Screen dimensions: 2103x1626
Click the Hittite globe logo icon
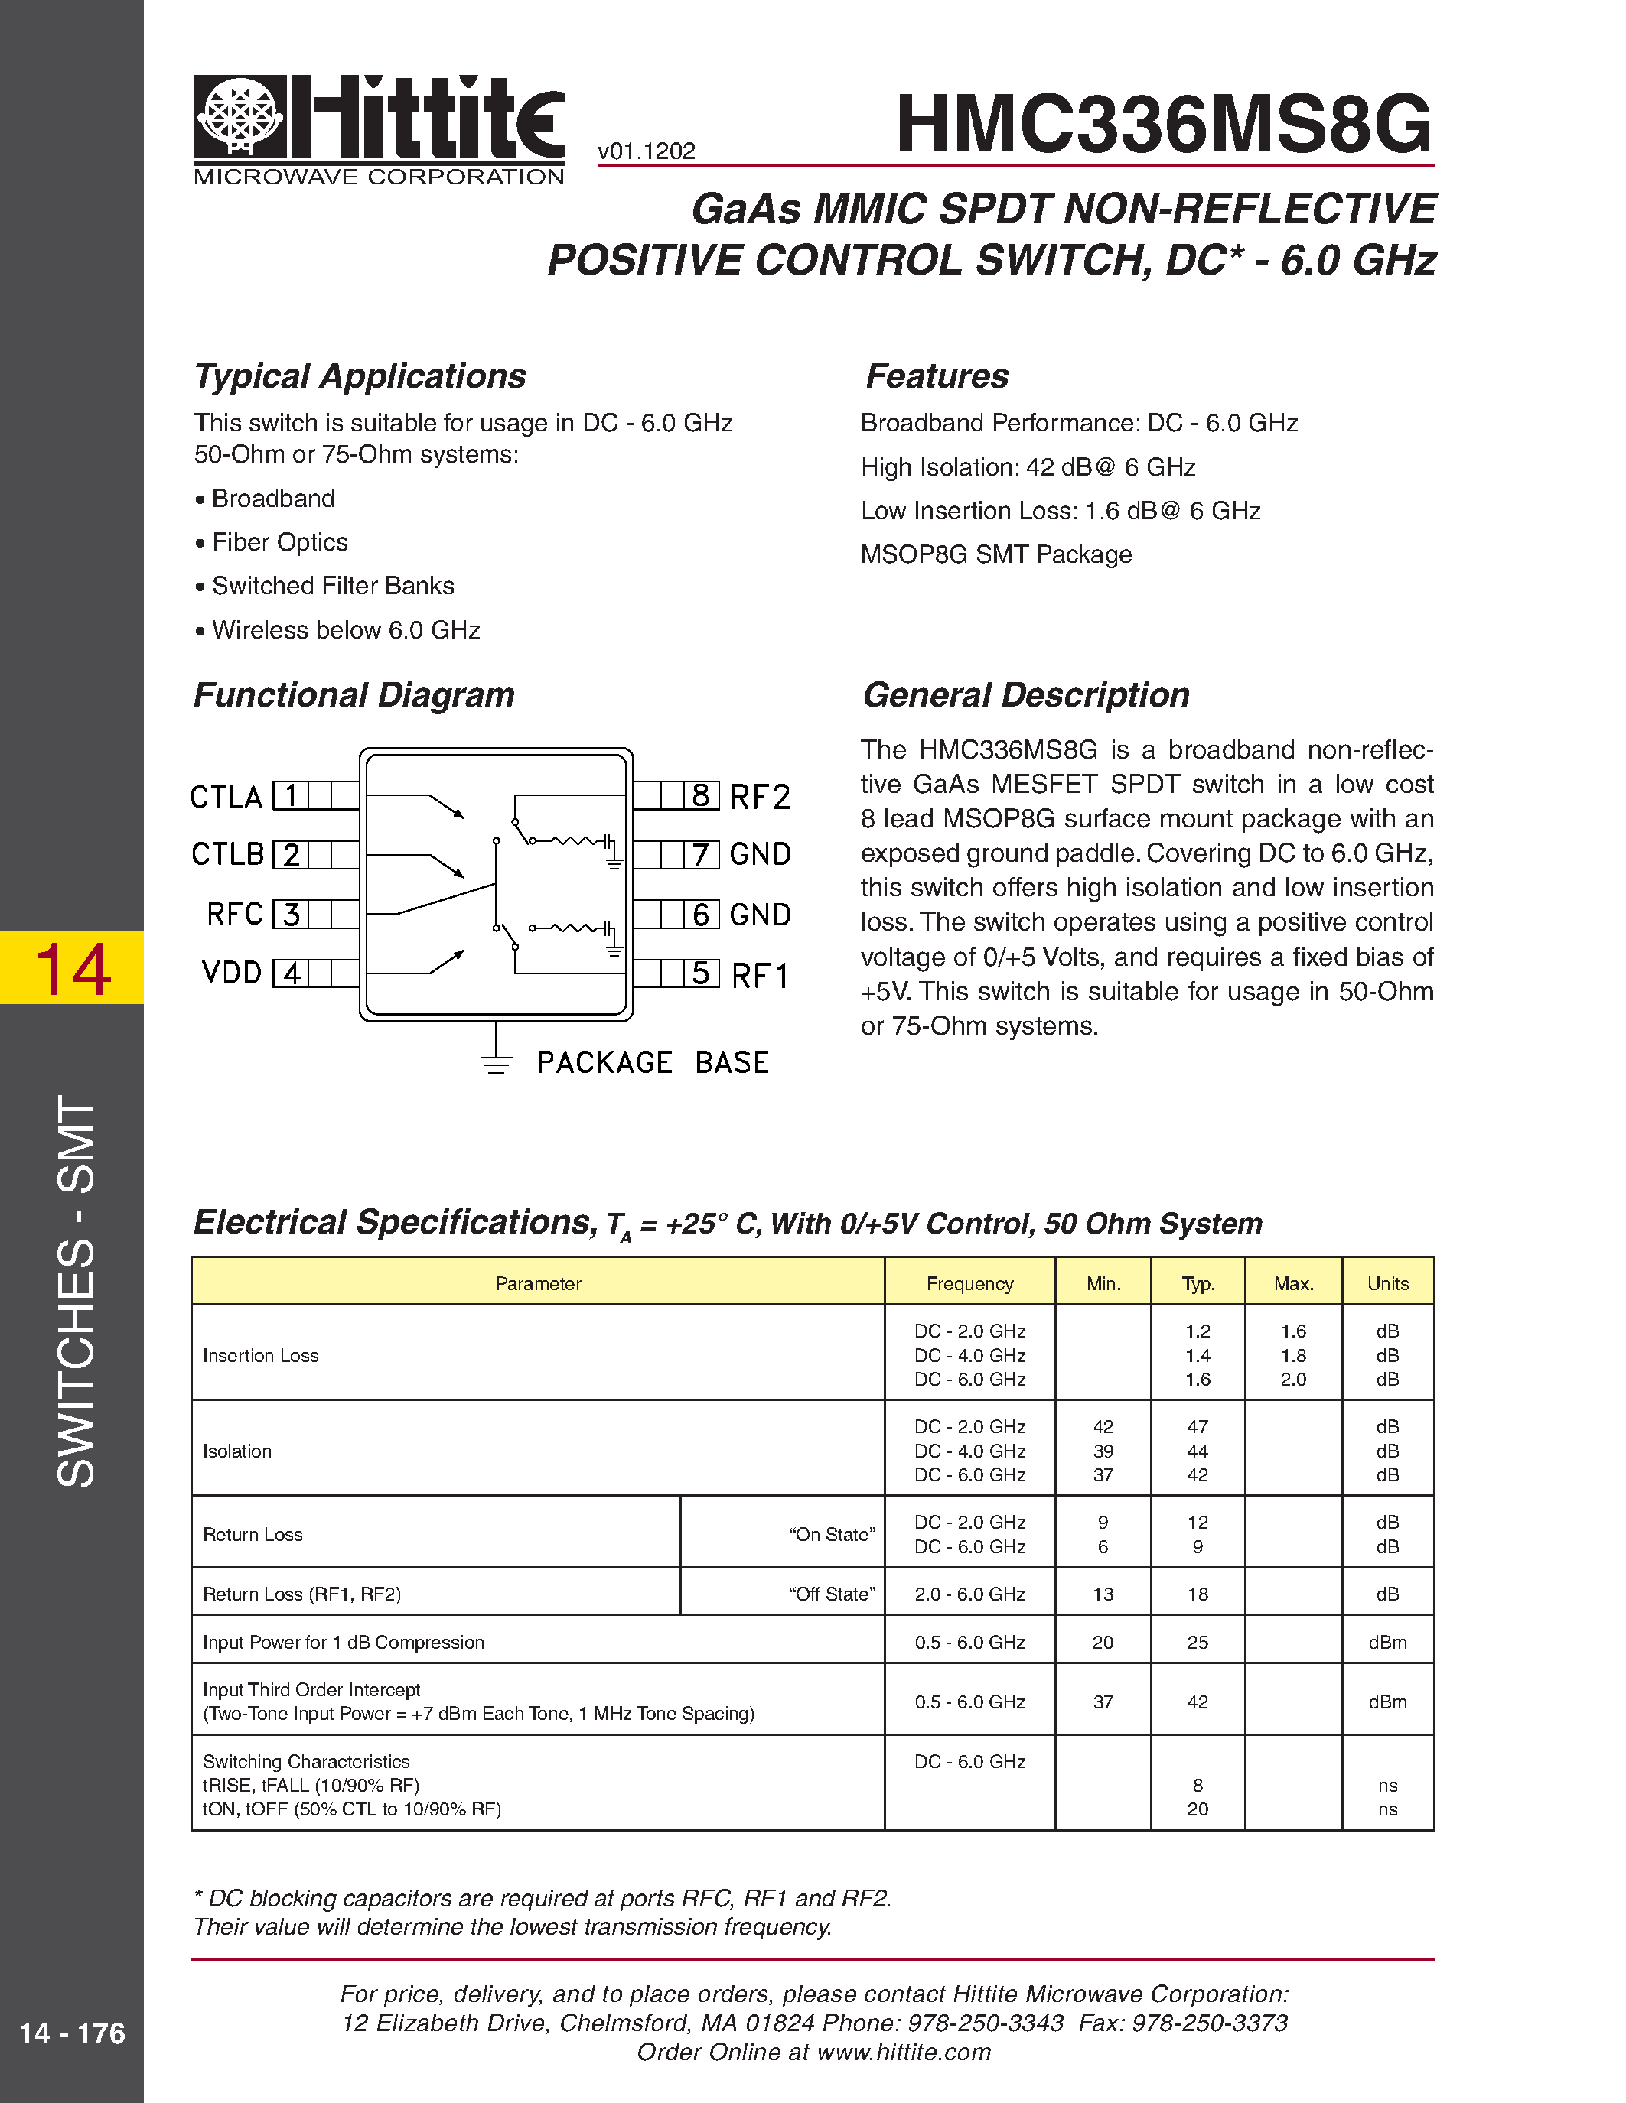(x=240, y=115)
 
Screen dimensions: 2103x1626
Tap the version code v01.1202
(x=647, y=151)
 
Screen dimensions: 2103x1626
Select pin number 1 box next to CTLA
(x=289, y=795)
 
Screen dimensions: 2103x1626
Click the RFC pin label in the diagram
(x=234, y=914)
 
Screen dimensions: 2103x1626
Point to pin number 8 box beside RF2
(x=701, y=795)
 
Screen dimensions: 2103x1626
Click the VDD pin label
(x=231, y=973)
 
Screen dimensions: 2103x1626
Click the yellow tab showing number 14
(x=72, y=967)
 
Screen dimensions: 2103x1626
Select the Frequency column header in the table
(x=969, y=1282)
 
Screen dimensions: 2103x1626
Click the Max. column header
(x=1292, y=1282)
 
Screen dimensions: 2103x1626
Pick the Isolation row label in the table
(x=237, y=1450)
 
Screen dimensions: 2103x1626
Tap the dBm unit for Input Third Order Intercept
(x=1387, y=1702)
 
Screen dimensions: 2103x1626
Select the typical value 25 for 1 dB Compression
(x=1198, y=1642)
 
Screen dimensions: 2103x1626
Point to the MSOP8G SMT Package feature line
(x=996, y=554)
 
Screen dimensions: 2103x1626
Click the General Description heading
(x=1026, y=694)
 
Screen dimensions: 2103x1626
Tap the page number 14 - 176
(x=72, y=2033)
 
